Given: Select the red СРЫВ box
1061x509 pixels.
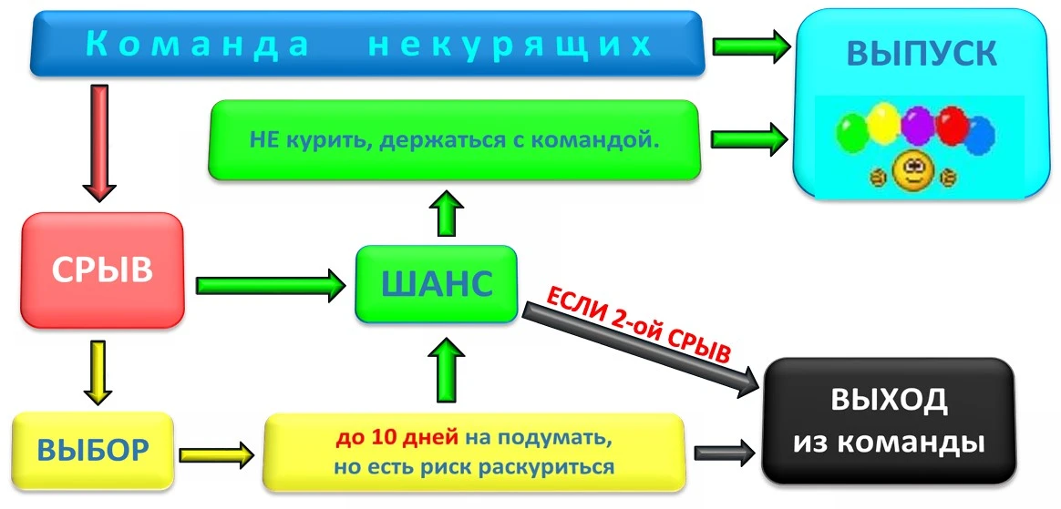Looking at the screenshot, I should pos(102,270).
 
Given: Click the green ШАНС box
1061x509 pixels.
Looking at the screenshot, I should pos(436,284).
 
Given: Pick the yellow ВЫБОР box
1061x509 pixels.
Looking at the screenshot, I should pos(93,449).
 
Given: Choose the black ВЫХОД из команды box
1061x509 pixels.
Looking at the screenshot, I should pos(888,421).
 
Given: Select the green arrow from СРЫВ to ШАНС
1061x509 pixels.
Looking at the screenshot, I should pos(270,286).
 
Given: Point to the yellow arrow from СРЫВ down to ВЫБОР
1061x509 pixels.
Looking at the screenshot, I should pos(98,372).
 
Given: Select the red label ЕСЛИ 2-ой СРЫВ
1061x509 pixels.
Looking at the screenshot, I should pos(638,321).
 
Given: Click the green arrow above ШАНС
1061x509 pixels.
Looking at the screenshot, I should pos(447,214).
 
